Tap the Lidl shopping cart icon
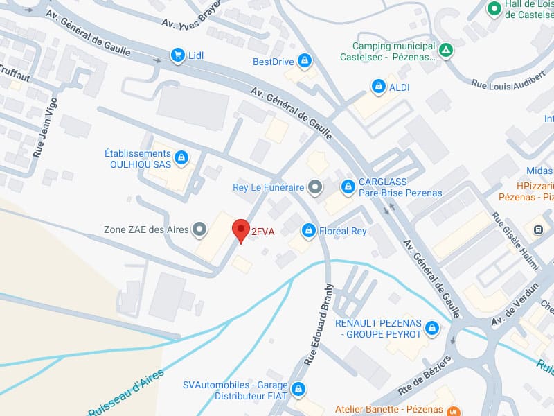pyautogui.click(x=178, y=55)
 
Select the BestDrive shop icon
pyautogui.click(x=304, y=61)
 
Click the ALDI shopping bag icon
pyautogui.click(x=378, y=87)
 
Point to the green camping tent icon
pyautogui.click(x=447, y=50)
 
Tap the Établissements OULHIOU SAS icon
pyautogui.click(x=181, y=157)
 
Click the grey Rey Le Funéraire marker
pyautogui.click(x=315, y=187)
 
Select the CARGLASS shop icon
pyautogui.click(x=348, y=187)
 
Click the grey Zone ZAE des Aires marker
pyautogui.click(x=200, y=229)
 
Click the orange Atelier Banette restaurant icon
pyautogui.click(x=452, y=408)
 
